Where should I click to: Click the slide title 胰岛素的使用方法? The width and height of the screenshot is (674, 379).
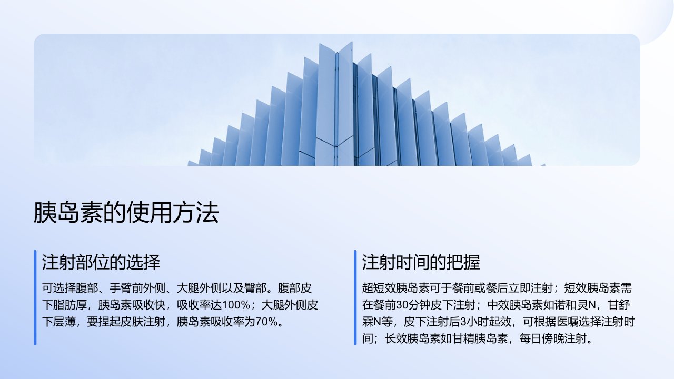coord(126,212)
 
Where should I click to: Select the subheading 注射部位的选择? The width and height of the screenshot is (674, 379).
coord(101,262)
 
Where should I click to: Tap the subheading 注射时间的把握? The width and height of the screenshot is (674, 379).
coord(421,262)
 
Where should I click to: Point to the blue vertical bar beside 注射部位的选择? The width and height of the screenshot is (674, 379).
coord(35,297)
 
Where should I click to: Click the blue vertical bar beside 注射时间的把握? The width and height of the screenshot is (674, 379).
coord(355,297)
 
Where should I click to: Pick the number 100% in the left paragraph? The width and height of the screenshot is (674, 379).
coord(235,305)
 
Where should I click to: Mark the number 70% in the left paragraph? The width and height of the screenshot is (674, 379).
coord(266,322)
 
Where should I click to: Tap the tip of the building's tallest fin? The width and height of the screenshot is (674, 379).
coord(352,42)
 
